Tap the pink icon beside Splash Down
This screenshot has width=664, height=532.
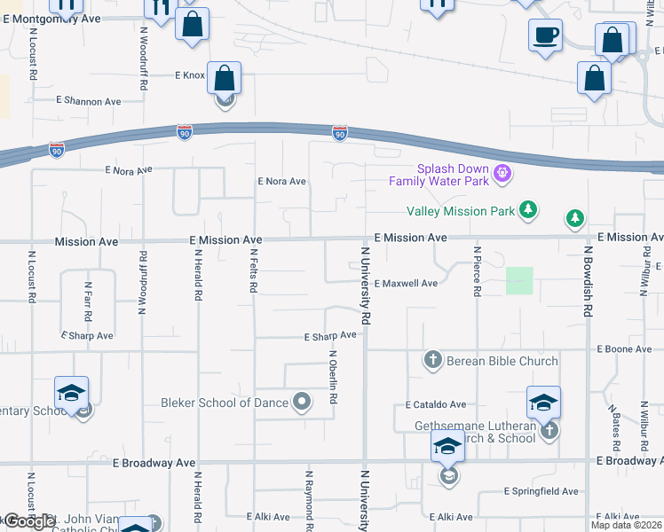(502, 172)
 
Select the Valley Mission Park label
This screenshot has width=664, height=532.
(460, 211)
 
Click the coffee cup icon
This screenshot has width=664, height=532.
(545, 37)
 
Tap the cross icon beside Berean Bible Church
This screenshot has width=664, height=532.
(432, 360)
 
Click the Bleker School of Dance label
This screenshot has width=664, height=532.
(225, 403)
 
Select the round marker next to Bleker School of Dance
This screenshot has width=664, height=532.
(302, 403)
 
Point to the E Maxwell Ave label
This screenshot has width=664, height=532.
(406, 284)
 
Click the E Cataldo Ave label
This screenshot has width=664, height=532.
(435, 404)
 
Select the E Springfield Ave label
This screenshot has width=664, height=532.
(541, 491)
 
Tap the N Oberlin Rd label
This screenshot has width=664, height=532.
(333, 379)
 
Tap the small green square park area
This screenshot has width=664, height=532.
(519, 281)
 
